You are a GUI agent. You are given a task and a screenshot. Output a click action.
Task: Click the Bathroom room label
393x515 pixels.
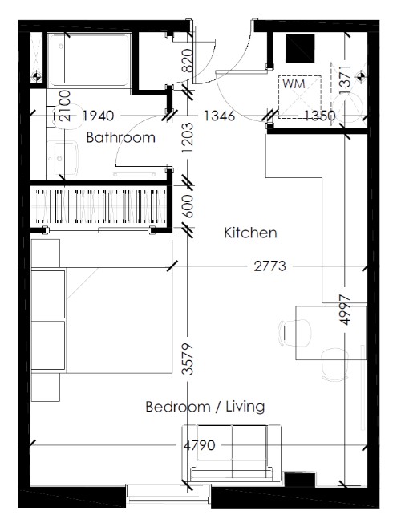click(120, 137)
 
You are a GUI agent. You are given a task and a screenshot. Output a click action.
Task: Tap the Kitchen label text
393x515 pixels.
click(250, 233)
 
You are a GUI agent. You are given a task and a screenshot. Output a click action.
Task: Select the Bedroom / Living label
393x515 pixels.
click(205, 407)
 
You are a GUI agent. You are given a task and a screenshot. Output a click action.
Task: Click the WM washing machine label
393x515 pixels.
click(294, 83)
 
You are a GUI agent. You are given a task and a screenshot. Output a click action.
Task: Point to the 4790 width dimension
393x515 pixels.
click(199, 445)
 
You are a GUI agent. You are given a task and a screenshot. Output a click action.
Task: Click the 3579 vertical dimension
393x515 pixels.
click(188, 359)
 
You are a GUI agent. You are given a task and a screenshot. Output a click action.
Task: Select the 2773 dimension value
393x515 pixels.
click(269, 266)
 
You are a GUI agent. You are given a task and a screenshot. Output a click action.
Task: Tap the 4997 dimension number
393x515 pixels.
click(345, 310)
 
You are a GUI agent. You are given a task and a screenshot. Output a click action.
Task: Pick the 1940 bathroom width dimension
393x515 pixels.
click(98, 116)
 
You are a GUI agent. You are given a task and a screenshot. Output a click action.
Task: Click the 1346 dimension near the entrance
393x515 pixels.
click(219, 116)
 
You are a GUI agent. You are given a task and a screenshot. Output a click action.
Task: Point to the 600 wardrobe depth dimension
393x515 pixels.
click(188, 206)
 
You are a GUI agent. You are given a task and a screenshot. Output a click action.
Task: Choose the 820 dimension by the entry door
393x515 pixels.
click(188, 60)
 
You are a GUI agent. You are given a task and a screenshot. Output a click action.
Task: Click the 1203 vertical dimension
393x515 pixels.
click(188, 137)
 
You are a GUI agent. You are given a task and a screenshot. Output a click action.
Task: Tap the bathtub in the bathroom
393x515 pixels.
click(89, 60)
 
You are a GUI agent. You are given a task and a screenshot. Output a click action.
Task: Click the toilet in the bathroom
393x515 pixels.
click(67, 116)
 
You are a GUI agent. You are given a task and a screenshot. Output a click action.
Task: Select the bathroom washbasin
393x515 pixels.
click(63, 158)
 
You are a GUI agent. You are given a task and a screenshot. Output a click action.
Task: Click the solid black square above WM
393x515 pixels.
click(300, 49)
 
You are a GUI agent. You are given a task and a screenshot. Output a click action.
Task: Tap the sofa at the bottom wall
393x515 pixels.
click(232, 453)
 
